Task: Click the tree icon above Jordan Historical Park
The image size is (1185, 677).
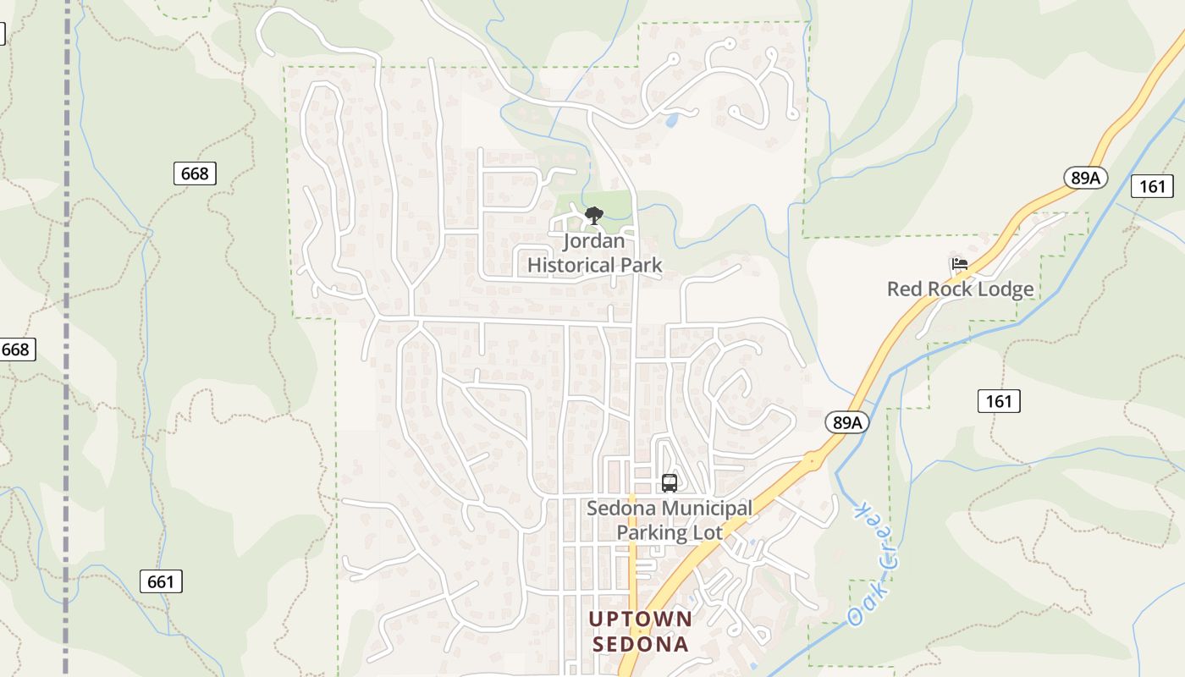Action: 594,215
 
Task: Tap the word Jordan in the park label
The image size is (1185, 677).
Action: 594,241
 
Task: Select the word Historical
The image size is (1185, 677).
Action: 571,265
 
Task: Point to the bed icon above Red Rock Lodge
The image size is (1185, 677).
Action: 959,265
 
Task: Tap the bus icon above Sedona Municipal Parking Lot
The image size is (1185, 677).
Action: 670,483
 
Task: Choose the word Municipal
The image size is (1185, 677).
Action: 706,509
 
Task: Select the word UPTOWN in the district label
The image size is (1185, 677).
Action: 641,619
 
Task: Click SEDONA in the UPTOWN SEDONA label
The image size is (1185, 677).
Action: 641,644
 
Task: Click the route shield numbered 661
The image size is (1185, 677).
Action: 161,581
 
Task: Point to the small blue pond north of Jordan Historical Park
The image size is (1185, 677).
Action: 672,120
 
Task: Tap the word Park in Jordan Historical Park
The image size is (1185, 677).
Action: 642,265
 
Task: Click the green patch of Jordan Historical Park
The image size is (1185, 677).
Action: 618,203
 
